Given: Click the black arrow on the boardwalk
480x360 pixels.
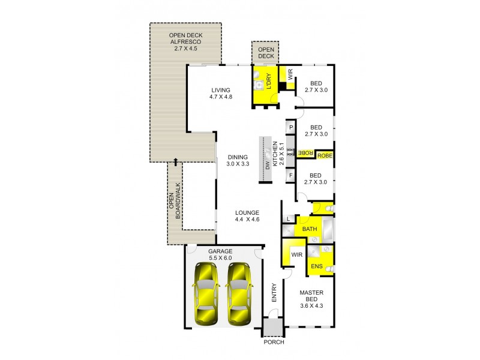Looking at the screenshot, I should point(175,161).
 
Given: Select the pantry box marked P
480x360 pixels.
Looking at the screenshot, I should point(290,128).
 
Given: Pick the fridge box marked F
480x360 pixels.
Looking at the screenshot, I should point(290,175).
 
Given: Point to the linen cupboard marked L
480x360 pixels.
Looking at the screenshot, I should point(289,220).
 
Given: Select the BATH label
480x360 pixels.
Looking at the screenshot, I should point(310,229).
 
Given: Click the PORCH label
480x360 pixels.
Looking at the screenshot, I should point(274,342).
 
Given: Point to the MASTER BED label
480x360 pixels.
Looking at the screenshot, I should point(311,297).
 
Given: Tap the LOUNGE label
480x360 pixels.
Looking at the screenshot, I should point(247,217).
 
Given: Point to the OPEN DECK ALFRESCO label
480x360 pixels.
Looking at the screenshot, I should point(185,41).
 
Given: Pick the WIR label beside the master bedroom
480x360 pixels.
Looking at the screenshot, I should point(296,255).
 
